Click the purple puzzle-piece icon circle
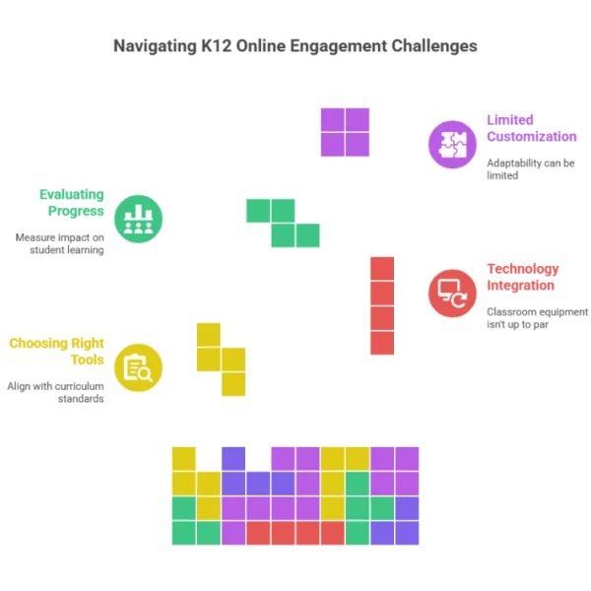pyautogui.click(x=452, y=144)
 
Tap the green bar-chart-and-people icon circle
pyautogui.click(x=138, y=218)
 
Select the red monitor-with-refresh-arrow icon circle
pyautogui.click(x=452, y=293)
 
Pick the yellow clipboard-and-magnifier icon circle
pyautogui.click(x=138, y=367)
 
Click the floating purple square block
pyautogui.click(x=345, y=132)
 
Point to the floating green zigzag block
pyautogui.click(x=284, y=224)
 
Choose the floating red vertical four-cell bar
pyautogui.click(x=382, y=304)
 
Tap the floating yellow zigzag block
pyautogui.click(x=221, y=359)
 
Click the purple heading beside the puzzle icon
pyautogui.click(x=531, y=127)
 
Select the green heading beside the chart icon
pyautogui.click(x=73, y=202)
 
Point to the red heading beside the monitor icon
pyautogui.click(x=522, y=276)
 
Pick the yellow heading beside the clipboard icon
pyautogui.click(x=57, y=351)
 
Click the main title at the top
pyautogui.click(x=295, y=45)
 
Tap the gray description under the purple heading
pyautogui.click(x=527, y=166)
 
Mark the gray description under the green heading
pyautogui.click(x=63, y=243)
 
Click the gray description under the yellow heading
pyautogui.click(x=59, y=391)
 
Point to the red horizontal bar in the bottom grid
pyautogui.click(x=295, y=533)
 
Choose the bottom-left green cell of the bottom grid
pyautogui.click(x=184, y=533)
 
